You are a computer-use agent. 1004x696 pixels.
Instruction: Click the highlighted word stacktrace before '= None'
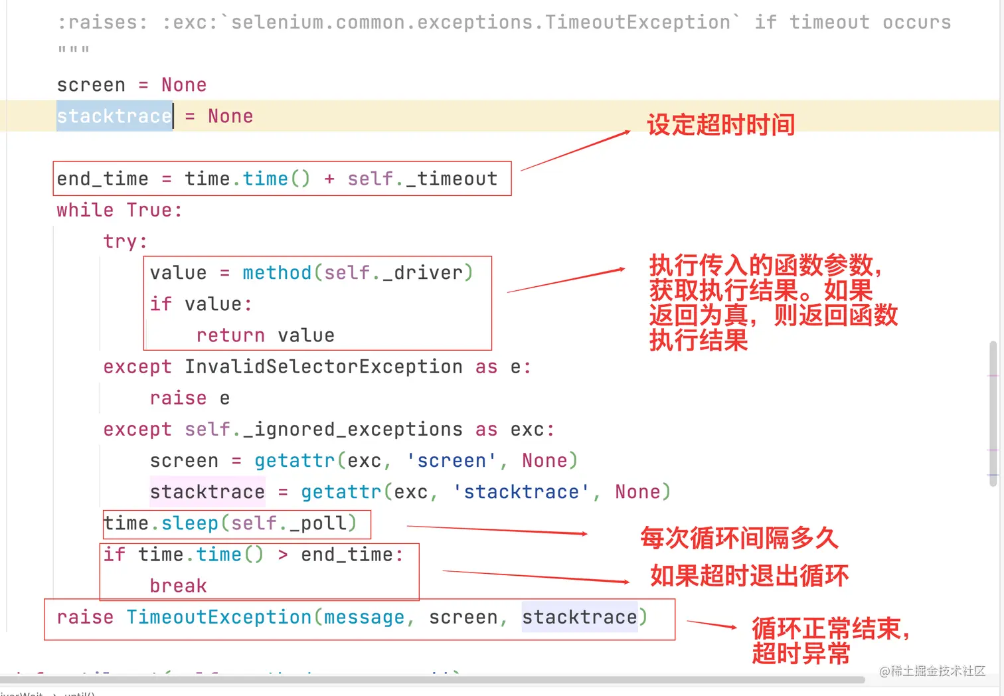[x=114, y=116]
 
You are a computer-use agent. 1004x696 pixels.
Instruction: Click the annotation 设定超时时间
[x=720, y=124]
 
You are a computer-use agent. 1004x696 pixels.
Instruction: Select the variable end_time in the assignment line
[x=102, y=179]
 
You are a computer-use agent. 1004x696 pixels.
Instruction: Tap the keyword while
[x=85, y=210]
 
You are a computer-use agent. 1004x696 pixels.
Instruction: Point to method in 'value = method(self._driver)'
[x=277, y=273]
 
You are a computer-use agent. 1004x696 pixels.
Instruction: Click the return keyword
[x=230, y=335]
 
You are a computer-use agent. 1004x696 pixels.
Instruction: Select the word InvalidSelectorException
[x=323, y=367]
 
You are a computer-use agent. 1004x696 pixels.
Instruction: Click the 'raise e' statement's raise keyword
[x=178, y=398]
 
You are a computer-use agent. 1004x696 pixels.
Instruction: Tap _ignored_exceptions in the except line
[x=353, y=429]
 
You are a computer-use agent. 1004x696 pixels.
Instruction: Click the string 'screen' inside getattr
[x=452, y=460]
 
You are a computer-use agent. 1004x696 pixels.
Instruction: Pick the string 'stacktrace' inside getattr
[x=521, y=491]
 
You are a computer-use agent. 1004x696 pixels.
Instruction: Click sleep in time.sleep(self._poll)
[x=190, y=523]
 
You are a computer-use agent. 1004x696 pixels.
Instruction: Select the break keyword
[x=178, y=586]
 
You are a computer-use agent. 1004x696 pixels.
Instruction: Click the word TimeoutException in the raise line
[x=218, y=617]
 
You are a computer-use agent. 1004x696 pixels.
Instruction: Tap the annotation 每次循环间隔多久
[x=739, y=538]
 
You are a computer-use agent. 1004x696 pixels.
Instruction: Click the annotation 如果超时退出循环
[x=749, y=575]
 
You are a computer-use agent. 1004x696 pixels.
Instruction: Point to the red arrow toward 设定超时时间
[x=575, y=151]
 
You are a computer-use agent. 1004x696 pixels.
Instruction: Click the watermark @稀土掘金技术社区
[x=932, y=671]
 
